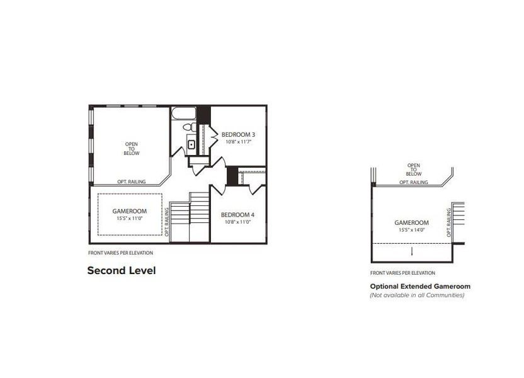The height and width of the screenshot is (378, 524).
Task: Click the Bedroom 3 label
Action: point(238,134)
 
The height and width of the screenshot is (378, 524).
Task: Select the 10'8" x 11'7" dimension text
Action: point(237,142)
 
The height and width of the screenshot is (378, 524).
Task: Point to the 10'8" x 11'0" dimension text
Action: point(236,222)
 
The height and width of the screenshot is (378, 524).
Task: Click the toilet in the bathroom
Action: point(188,128)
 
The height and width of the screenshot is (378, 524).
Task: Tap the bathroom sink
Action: point(191,144)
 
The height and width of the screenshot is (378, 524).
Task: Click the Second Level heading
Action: point(121,270)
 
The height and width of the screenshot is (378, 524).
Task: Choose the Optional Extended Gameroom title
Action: point(420,286)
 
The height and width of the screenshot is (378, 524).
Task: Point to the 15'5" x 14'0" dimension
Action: point(411,230)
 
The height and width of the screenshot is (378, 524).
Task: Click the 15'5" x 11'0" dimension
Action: point(129,218)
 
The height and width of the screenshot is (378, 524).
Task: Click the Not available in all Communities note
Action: point(417,295)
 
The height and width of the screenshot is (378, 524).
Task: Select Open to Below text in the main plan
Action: point(131,149)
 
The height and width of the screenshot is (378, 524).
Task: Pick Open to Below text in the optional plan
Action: point(414,169)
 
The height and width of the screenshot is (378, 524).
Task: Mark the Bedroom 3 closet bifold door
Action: point(214,134)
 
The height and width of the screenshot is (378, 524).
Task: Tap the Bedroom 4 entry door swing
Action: point(219,188)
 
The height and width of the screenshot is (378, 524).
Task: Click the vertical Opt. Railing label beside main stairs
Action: point(167,223)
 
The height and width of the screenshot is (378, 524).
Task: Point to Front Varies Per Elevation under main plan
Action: point(120,253)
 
